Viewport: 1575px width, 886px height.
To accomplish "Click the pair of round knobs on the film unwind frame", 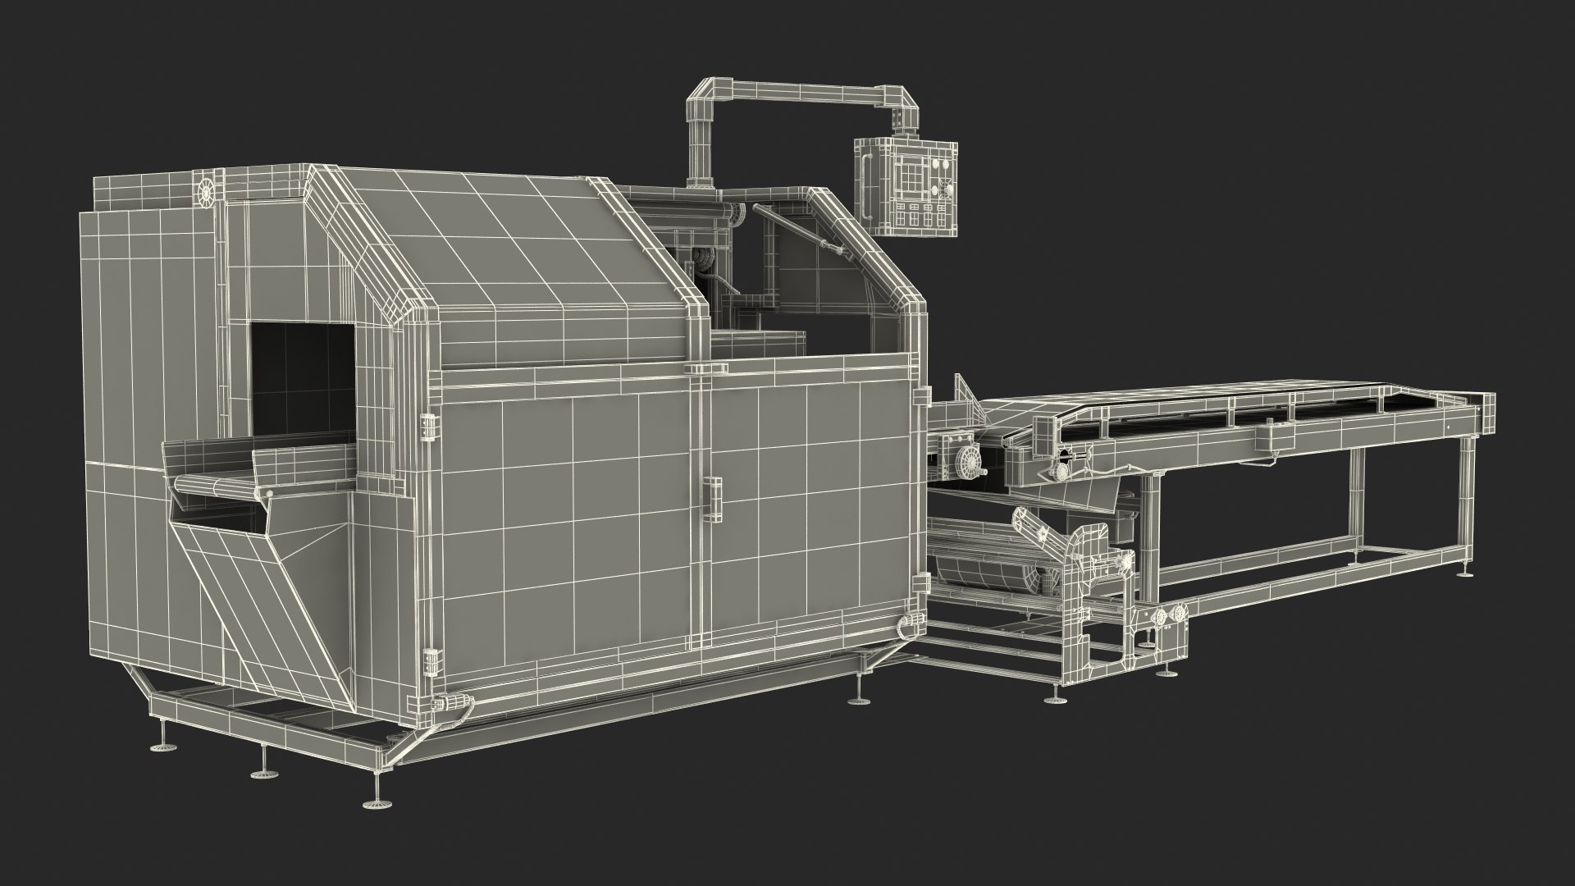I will (x=1168, y=616).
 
